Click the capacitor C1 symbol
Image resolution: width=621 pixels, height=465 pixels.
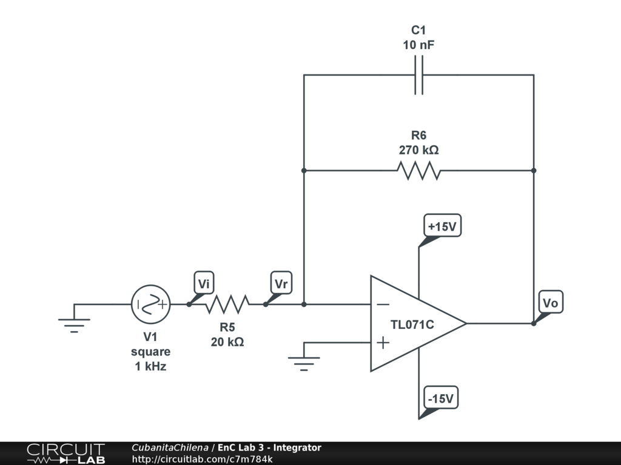[x=418, y=75]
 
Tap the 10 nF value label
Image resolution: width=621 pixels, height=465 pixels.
[x=418, y=45]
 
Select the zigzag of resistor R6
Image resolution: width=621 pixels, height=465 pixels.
[x=418, y=171]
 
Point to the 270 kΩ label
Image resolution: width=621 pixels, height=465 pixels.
[x=418, y=150]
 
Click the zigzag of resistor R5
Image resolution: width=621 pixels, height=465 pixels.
[x=227, y=305]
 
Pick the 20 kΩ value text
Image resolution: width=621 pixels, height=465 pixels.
[x=227, y=342]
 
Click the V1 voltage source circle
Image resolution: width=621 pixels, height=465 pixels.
[x=150, y=305]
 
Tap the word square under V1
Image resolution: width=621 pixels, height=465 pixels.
[x=150, y=352]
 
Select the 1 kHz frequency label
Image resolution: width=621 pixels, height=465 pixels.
[x=150, y=366]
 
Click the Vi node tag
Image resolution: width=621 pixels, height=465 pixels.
[x=204, y=283]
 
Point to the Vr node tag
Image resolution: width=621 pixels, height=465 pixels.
[x=281, y=283]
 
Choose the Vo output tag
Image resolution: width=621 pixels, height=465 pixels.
[x=550, y=303]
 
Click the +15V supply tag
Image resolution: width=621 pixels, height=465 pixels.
[x=441, y=226]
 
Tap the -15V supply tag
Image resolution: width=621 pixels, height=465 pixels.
[x=440, y=398]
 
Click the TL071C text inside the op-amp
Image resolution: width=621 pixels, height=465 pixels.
[x=412, y=325]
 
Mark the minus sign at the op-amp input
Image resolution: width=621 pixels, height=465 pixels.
[x=383, y=305]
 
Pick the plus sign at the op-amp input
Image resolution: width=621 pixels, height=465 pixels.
[x=383, y=343]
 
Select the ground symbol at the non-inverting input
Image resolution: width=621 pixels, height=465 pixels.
[x=303, y=362]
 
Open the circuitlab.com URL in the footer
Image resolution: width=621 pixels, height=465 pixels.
[x=202, y=459]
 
